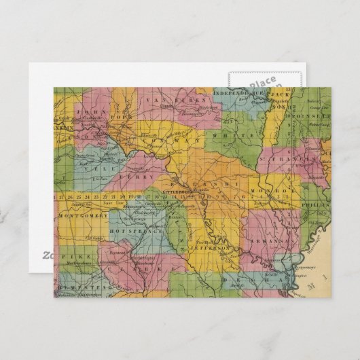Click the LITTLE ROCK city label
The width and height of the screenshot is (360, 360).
click(x=178, y=194)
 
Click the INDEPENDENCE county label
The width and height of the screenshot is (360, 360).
click(x=242, y=92)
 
